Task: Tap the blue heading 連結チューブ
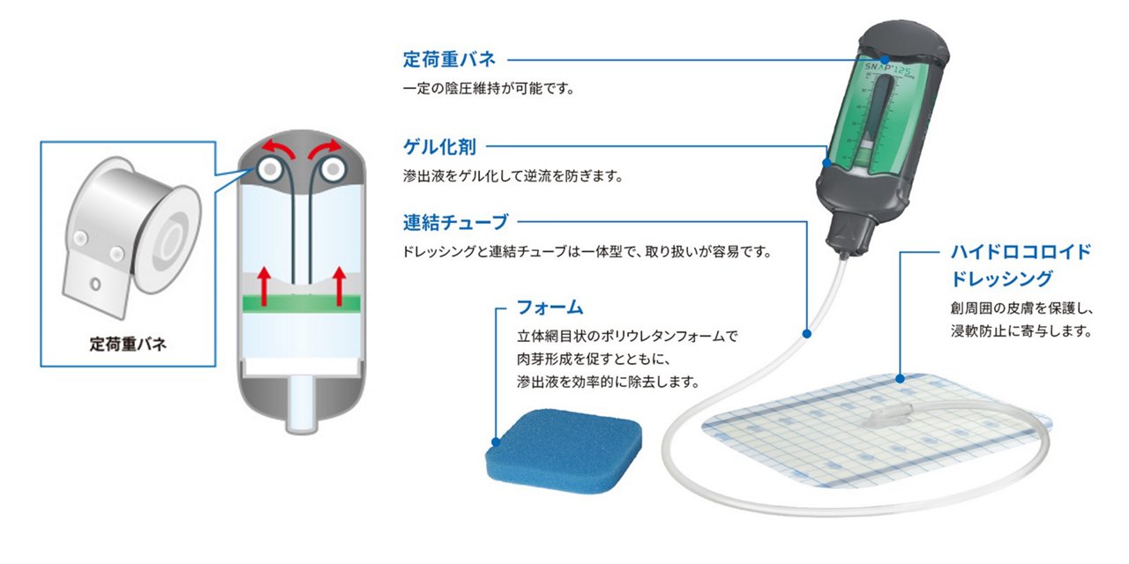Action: click(455, 220)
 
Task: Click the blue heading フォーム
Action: click(550, 308)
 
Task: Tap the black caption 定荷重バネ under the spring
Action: click(129, 344)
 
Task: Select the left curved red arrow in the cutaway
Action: click(276, 149)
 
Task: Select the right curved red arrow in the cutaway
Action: click(326, 149)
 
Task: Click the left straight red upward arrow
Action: click(263, 286)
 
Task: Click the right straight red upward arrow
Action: click(340, 286)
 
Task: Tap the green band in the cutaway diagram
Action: click(301, 301)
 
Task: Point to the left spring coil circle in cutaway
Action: click(270, 168)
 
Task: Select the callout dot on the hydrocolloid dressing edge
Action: click(899, 379)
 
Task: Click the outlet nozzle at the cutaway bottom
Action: click(302, 413)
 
